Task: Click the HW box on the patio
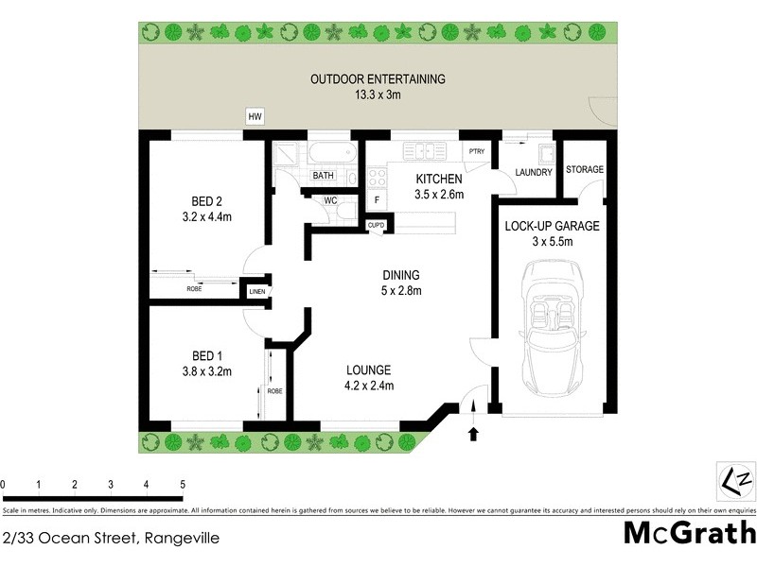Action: [x=255, y=116]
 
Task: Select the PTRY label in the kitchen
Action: [x=476, y=151]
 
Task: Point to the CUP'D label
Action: [x=376, y=224]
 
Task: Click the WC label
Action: [x=331, y=200]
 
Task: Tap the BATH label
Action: [x=324, y=176]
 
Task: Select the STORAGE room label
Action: [x=584, y=169]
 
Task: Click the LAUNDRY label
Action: [x=534, y=172]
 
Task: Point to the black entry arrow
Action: [x=474, y=433]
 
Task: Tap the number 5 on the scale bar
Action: [x=183, y=484]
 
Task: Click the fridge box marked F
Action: [x=376, y=199]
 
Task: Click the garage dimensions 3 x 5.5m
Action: [x=552, y=242]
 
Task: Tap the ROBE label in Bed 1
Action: [x=274, y=390]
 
